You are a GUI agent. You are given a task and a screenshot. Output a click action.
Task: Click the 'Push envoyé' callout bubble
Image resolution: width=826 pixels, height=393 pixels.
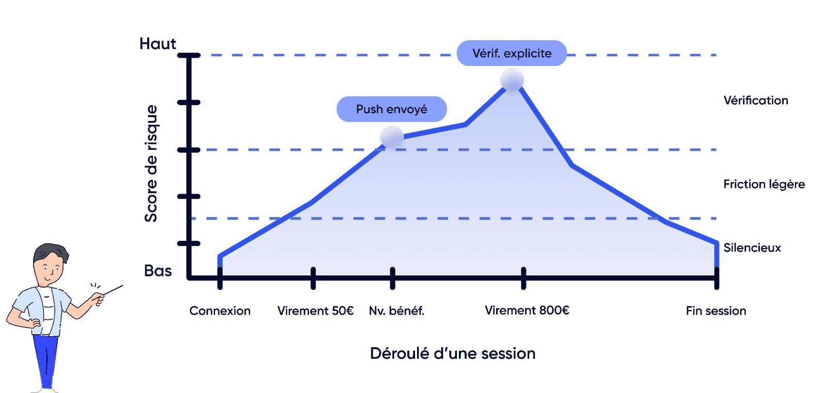pos(391,109)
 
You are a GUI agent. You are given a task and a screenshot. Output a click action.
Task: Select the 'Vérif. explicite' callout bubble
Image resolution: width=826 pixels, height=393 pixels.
pos(512,53)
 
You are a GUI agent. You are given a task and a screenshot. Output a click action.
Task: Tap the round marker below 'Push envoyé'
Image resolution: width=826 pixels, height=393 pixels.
pos(392,137)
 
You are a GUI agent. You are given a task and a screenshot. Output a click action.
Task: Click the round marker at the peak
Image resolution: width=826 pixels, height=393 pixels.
pos(512,79)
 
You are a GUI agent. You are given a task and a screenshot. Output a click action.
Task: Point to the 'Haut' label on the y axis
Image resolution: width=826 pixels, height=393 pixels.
pos(157,44)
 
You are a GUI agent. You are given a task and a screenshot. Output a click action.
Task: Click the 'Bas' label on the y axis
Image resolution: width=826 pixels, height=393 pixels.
pos(157,271)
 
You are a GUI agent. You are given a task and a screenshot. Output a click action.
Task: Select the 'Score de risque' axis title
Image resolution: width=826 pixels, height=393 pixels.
pos(151,163)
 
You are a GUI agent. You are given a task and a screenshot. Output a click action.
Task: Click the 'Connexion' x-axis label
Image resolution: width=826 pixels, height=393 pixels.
pos(220,311)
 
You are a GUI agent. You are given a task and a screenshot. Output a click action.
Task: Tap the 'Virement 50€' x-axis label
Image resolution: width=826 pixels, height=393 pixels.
pos(315,311)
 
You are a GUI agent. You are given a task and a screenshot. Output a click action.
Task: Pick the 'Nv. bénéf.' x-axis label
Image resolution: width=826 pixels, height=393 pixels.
pos(396,311)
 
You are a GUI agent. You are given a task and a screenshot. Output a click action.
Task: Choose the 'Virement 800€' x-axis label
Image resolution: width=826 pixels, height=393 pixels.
pos(527,310)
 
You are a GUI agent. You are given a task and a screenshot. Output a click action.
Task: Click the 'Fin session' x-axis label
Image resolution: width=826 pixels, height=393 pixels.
pos(716,311)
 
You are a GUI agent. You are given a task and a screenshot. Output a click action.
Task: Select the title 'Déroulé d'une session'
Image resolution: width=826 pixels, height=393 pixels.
pos(453,354)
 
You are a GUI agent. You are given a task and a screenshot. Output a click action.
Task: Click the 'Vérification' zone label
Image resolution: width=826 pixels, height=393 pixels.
pos(756,101)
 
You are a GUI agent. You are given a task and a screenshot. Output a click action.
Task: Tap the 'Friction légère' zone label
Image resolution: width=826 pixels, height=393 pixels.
pos(764,184)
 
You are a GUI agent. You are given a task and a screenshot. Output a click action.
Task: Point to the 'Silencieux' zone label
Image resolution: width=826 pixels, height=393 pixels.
pos(752,248)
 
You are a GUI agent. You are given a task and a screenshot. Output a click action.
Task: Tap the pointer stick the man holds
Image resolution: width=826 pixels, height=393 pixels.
pos(113,290)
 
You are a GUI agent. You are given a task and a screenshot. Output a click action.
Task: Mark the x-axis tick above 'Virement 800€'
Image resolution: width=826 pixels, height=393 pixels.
pos(523,278)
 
